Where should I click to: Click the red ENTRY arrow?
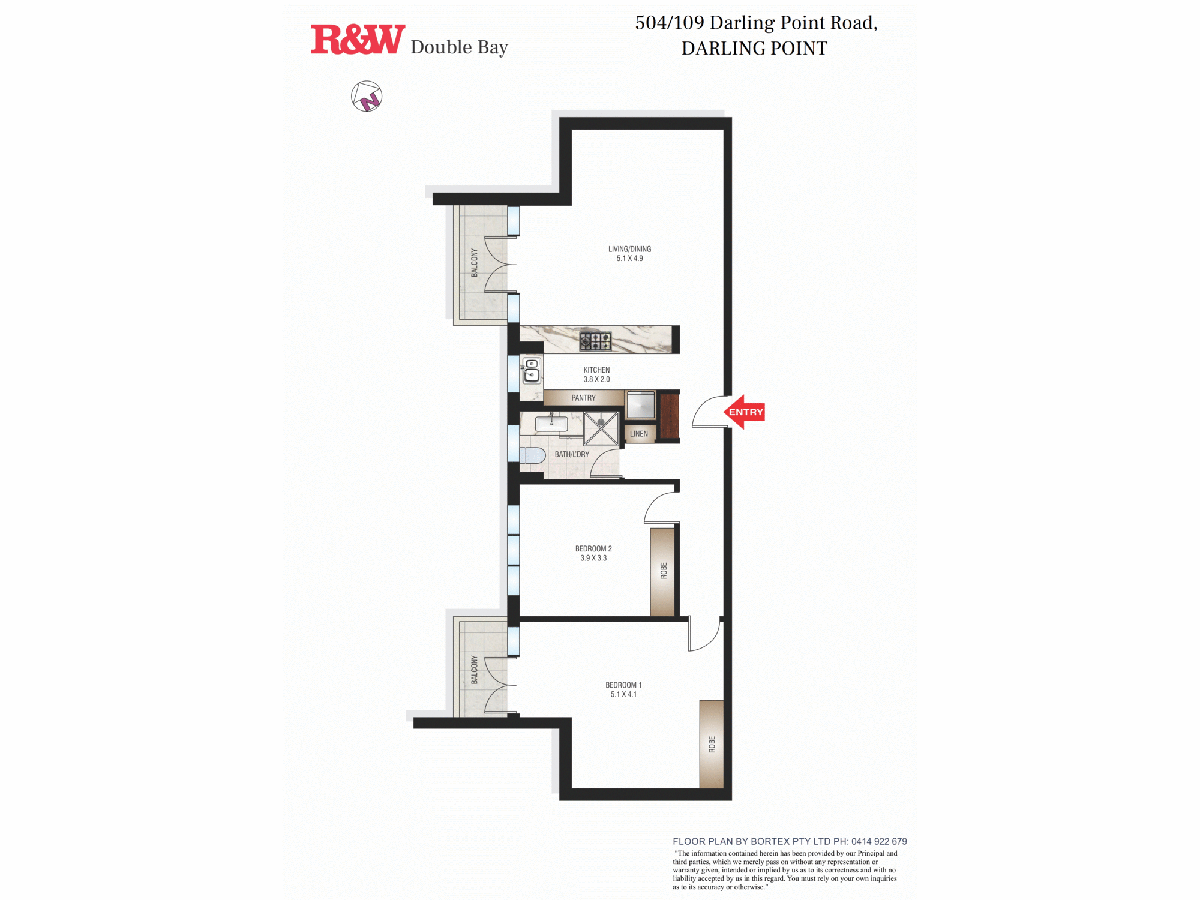(744, 412)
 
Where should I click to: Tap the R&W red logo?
(358, 40)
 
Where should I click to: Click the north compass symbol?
(367, 97)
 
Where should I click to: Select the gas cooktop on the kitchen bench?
(595, 341)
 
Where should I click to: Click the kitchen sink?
(532, 371)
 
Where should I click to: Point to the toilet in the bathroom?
(532, 455)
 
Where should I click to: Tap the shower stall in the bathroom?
(601, 429)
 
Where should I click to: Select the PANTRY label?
(583, 398)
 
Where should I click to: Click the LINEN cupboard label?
(639, 434)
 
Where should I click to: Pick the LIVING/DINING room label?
(629, 249)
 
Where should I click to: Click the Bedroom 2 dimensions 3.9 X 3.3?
(593, 558)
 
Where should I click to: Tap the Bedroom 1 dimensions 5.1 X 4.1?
(623, 694)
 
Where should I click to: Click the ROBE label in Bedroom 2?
(664, 571)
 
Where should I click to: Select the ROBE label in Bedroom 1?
(712, 745)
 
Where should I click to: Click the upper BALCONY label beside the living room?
(475, 263)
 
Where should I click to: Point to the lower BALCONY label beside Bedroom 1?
(475, 670)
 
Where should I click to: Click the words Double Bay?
(459, 47)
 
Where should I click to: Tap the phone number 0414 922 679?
(879, 841)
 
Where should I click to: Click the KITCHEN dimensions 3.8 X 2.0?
(596, 379)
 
